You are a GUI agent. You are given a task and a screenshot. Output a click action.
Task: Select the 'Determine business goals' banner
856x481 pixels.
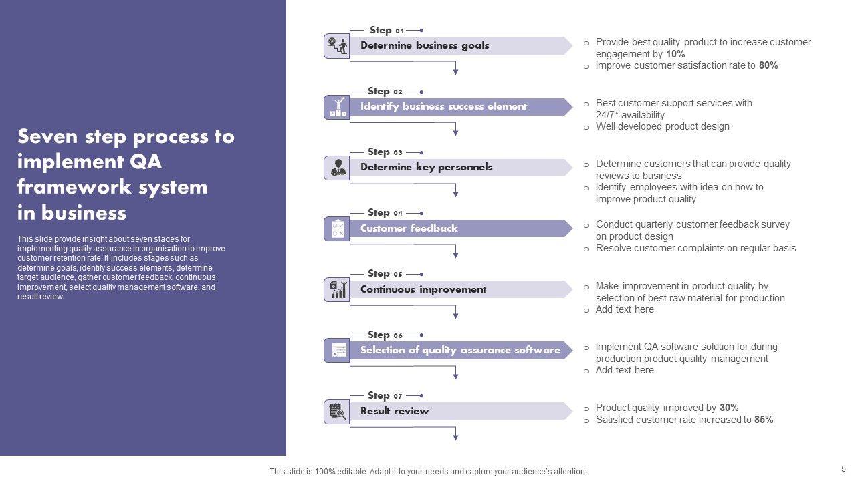pos(425,45)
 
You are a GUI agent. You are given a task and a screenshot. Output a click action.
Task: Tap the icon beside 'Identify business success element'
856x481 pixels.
pos(337,107)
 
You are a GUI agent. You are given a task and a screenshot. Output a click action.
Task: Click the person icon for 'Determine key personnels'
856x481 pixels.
pos(337,168)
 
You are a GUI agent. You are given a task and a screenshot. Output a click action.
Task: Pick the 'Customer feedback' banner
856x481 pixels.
pos(409,228)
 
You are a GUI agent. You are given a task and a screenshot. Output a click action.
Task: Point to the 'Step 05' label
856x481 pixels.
pos(385,273)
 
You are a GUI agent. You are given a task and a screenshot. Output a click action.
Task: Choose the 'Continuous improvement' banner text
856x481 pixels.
pos(423,289)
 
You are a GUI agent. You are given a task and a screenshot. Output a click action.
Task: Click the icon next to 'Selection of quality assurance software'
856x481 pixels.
pos(337,351)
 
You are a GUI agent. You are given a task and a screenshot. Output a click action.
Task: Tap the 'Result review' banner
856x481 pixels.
pos(395,411)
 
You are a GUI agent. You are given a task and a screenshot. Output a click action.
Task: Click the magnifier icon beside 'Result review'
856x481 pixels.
pos(337,412)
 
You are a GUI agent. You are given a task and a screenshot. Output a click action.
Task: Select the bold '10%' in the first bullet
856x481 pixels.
pos(675,54)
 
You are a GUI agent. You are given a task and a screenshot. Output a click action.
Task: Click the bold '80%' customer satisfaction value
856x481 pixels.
pos(768,65)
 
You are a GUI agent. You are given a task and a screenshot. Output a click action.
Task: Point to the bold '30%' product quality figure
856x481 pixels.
pos(729,408)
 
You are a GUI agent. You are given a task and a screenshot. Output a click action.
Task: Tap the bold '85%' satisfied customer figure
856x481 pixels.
pos(764,420)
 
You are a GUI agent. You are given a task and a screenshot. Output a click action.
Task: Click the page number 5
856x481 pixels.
pos(843,469)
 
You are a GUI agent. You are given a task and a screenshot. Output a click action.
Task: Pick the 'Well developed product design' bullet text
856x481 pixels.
pos(662,126)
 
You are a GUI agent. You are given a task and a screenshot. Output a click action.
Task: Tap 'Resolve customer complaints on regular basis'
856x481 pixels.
pos(695,248)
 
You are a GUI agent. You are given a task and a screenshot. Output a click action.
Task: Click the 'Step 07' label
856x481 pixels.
pos(385,395)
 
